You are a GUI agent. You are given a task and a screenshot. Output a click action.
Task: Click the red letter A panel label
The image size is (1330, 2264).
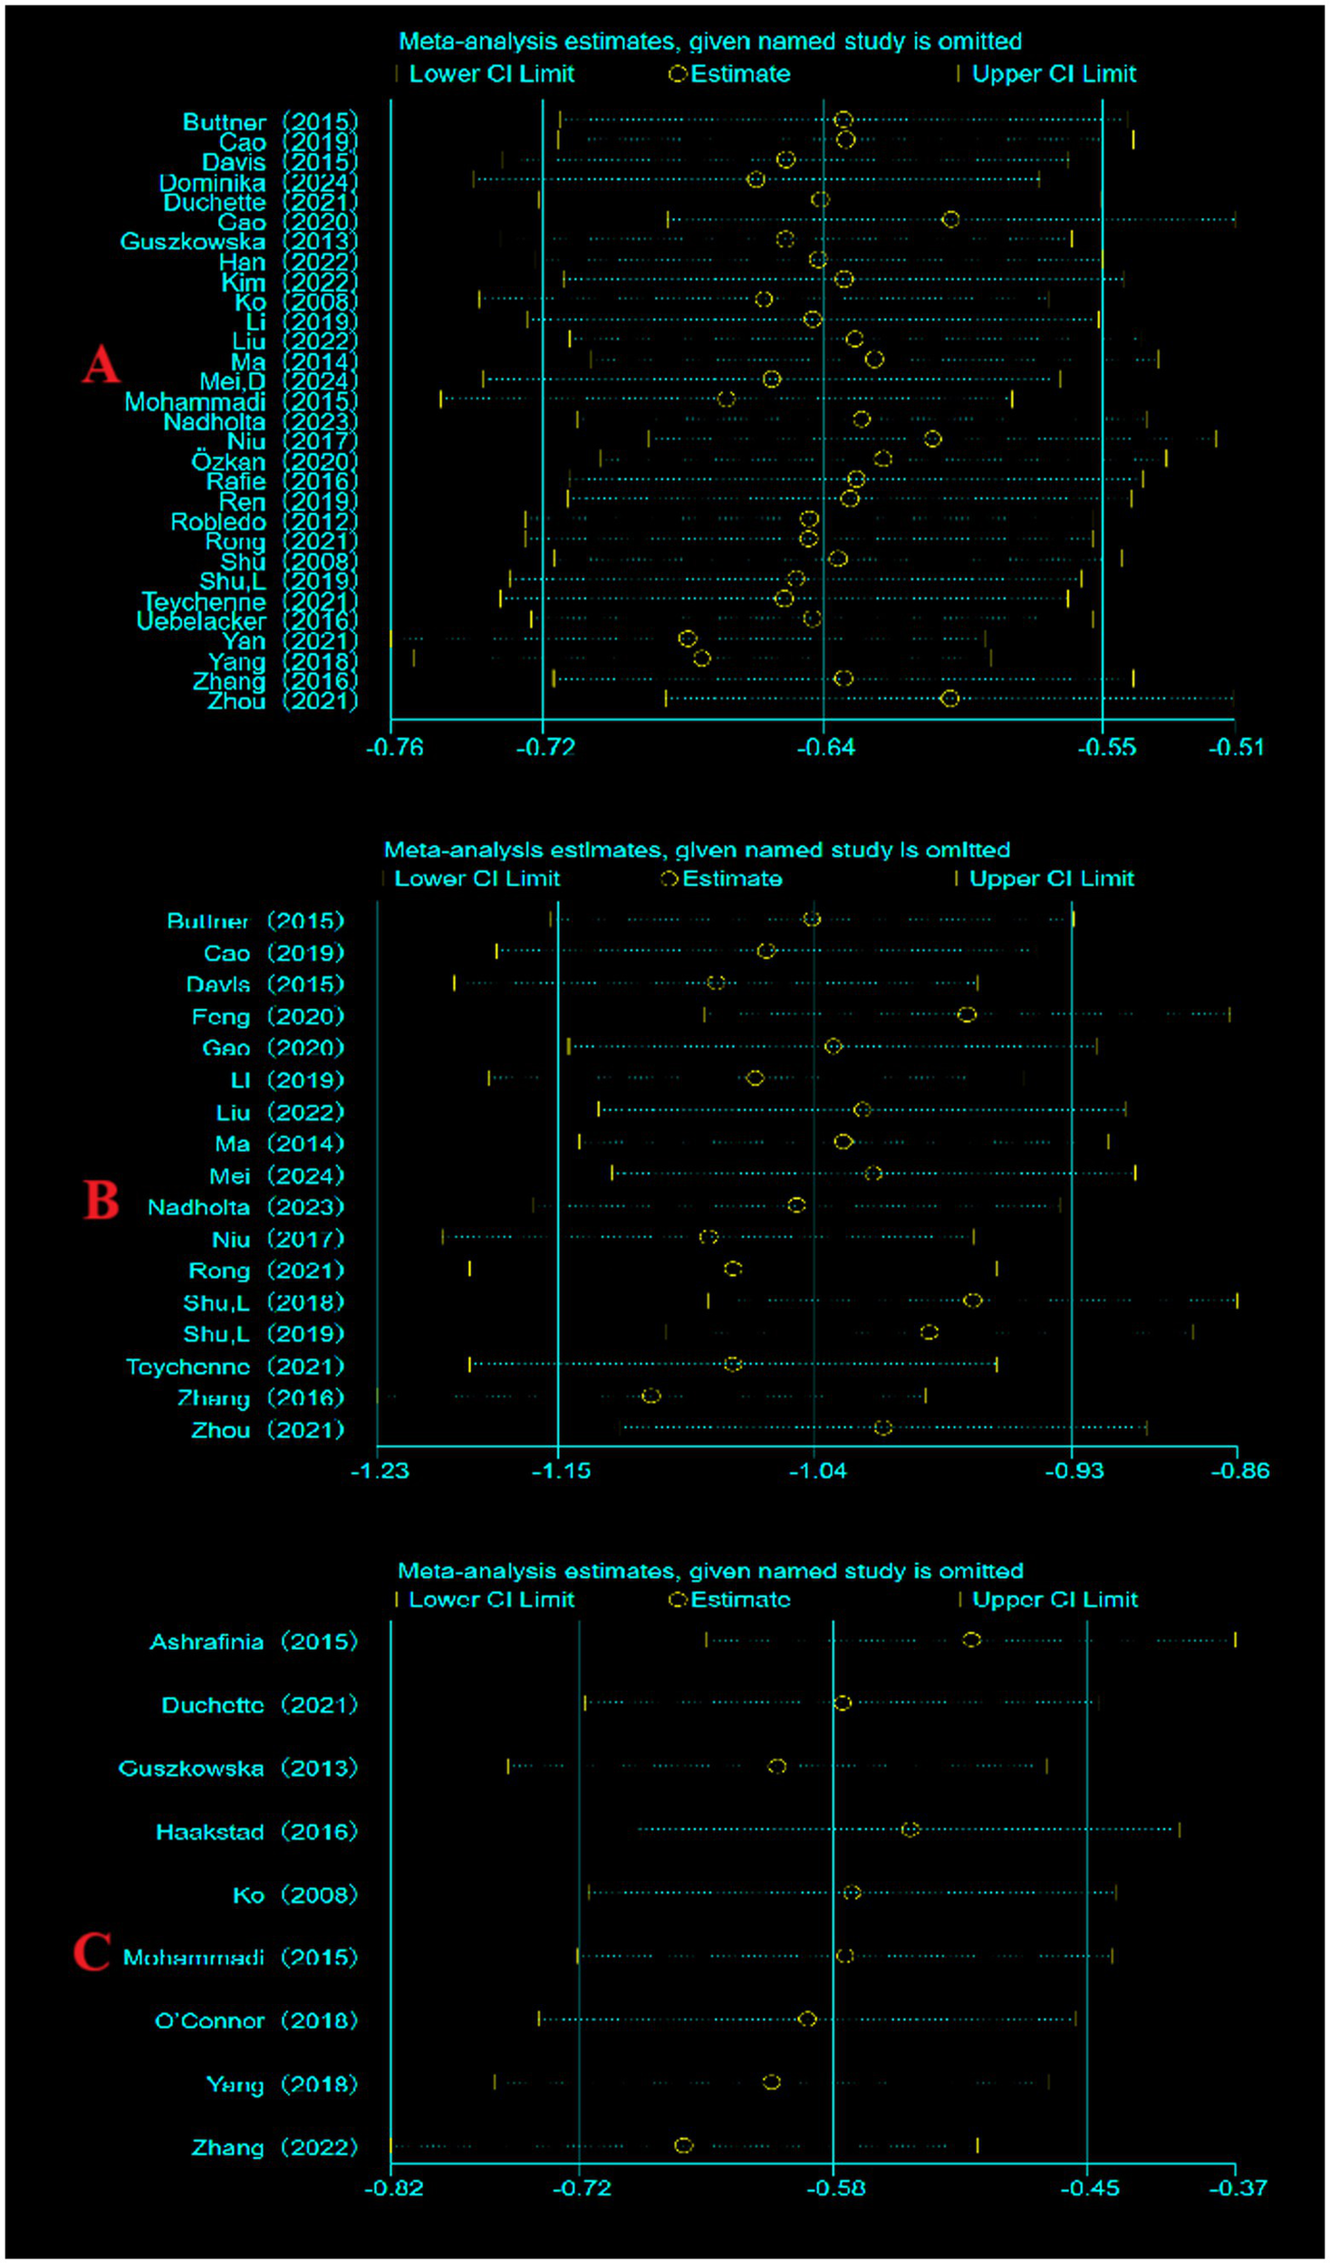point(101,364)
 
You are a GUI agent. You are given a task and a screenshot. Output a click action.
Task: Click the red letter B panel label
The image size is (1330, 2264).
point(101,1201)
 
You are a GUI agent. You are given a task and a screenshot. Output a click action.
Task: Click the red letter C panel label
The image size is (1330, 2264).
point(92,1952)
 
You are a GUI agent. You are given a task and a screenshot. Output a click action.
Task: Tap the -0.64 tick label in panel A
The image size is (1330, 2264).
point(825,748)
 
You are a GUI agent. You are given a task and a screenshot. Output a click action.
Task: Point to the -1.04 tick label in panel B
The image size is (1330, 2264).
point(817,1471)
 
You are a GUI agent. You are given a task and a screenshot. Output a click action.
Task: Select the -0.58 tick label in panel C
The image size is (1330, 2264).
point(835,2189)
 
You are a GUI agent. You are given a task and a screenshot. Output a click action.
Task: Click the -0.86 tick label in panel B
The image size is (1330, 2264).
point(1239,1471)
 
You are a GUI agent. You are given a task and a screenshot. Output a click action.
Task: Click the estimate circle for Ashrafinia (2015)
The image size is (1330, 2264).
point(971,1640)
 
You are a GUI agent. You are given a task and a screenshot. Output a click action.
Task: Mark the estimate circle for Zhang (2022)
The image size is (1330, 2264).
point(684,2145)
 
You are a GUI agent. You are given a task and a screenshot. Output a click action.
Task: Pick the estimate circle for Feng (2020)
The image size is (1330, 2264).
point(967,1014)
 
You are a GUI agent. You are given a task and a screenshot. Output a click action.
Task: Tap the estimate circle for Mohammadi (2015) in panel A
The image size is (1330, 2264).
point(726,398)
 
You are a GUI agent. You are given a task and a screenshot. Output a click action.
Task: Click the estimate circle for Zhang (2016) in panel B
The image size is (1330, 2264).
point(651,1396)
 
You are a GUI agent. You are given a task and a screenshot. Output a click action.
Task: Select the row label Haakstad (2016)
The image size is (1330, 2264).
point(256,1832)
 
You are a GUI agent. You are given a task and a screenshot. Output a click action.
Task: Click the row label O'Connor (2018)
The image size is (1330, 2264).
point(256,2020)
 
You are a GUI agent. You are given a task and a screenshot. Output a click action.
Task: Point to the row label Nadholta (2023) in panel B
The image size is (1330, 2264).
point(246,1207)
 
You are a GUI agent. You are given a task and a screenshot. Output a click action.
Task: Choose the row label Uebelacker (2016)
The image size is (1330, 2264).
point(246,621)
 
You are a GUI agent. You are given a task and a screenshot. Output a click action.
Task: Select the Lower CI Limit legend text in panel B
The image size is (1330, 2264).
point(477,878)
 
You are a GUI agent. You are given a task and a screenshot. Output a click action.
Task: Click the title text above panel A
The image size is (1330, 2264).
point(709,42)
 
